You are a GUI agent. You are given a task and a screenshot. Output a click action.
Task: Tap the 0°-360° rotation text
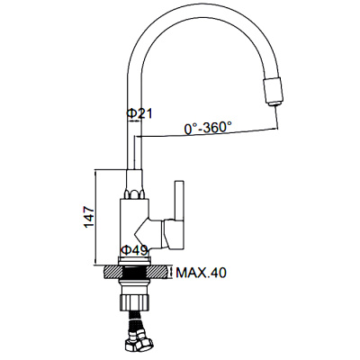(210, 129)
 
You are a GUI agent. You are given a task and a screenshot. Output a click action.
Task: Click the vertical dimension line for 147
(97, 217)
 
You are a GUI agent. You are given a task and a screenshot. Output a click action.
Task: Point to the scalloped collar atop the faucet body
(135, 193)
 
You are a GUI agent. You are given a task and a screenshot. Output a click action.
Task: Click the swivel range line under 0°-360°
(207, 136)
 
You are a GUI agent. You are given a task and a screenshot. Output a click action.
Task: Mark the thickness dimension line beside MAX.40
(173, 272)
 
